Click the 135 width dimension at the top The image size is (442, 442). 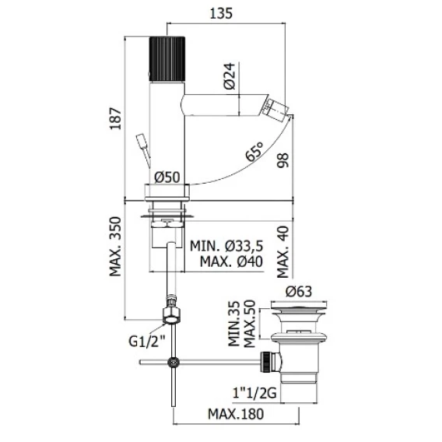221,13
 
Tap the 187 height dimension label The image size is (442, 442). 116,118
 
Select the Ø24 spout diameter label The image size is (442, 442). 230,75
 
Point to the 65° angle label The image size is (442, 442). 254,152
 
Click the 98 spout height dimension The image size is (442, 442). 282,160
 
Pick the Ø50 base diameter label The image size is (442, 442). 167,177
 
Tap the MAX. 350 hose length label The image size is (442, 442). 116,247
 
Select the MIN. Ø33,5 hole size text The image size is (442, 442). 226,246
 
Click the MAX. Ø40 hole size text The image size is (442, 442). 231,261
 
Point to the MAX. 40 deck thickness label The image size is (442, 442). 283,252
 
